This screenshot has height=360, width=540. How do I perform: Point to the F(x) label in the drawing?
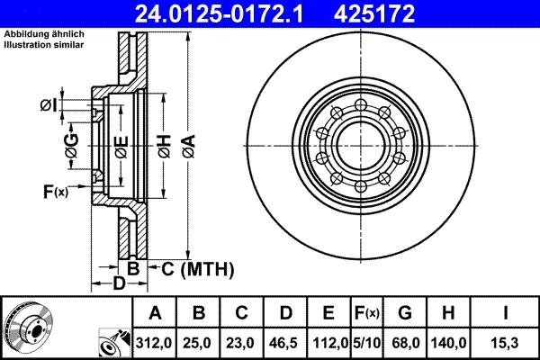pos(55,191)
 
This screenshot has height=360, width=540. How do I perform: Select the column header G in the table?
pos(404,313)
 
